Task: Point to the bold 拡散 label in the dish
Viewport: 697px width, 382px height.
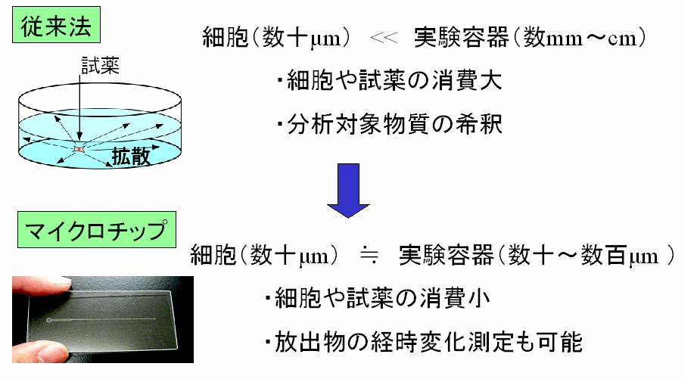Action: (x=131, y=156)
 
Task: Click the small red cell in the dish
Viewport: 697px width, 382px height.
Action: (x=77, y=151)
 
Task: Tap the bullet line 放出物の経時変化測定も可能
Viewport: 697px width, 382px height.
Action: (x=424, y=342)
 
